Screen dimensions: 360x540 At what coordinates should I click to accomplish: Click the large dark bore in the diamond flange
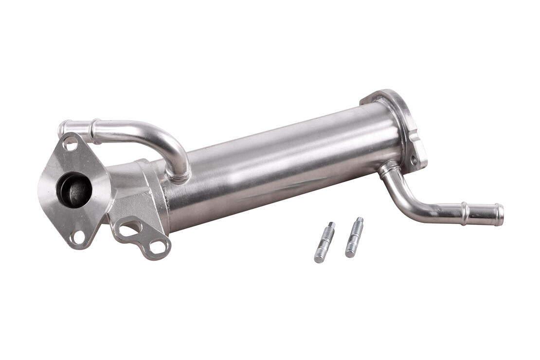[x=74, y=190]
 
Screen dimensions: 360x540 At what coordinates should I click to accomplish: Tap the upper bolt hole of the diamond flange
[x=70, y=144]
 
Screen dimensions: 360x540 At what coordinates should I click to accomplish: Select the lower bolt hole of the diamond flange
[x=77, y=237]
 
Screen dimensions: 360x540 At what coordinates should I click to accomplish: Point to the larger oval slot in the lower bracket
[x=130, y=228]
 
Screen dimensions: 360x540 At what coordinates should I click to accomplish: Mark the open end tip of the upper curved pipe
[x=62, y=129]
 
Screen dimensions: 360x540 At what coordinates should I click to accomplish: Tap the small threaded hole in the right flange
[x=414, y=160]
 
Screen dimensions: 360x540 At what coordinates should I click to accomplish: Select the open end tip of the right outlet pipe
[x=499, y=215]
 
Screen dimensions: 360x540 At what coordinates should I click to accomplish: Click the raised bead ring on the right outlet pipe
[x=466, y=213]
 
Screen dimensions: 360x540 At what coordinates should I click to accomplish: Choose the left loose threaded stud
[x=324, y=242]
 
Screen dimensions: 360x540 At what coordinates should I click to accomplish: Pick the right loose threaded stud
[x=354, y=237]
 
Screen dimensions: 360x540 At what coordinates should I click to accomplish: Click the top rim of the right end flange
[x=384, y=94]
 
